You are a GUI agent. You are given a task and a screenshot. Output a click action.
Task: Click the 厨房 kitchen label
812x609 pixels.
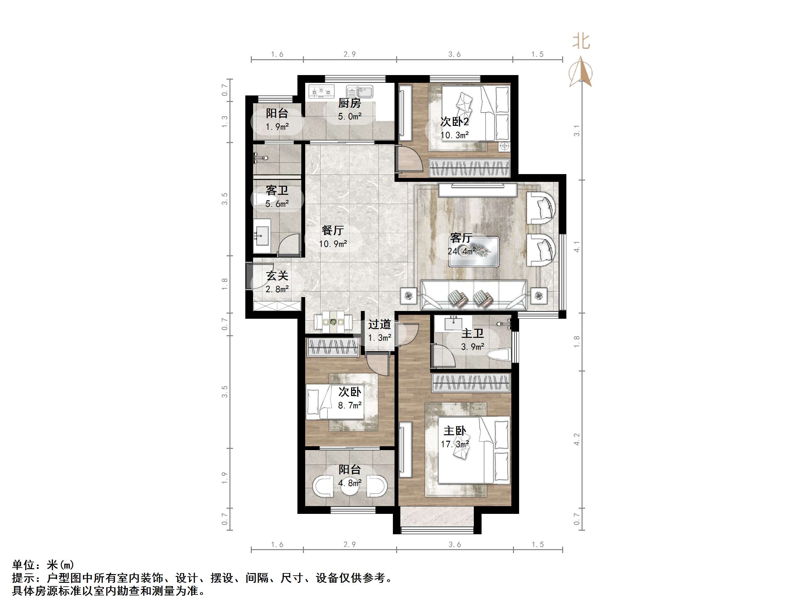(349, 103)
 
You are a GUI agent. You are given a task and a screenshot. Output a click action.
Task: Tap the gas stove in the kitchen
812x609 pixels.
(322, 91)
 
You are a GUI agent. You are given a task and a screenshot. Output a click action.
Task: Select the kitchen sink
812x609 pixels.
(360, 91)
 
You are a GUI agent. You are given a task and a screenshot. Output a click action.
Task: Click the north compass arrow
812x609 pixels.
(580, 72)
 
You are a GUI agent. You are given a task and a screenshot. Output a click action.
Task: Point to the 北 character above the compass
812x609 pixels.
(581, 42)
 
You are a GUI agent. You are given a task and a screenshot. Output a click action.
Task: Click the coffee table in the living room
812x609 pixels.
(473, 251)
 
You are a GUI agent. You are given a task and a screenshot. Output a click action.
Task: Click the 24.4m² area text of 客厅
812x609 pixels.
(462, 251)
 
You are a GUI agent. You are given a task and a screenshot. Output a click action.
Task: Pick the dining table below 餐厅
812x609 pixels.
(333, 322)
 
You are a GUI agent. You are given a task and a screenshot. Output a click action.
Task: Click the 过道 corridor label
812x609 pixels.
(379, 324)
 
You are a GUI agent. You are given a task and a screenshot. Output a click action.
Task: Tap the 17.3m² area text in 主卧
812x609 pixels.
(455, 444)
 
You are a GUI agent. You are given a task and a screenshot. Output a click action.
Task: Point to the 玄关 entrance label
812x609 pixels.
(277, 276)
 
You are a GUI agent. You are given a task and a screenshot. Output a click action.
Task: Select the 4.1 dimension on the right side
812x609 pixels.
(577, 247)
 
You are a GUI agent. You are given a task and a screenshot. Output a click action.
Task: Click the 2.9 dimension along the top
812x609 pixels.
(350, 54)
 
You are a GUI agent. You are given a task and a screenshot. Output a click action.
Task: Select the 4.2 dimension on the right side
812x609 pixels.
(577, 439)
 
